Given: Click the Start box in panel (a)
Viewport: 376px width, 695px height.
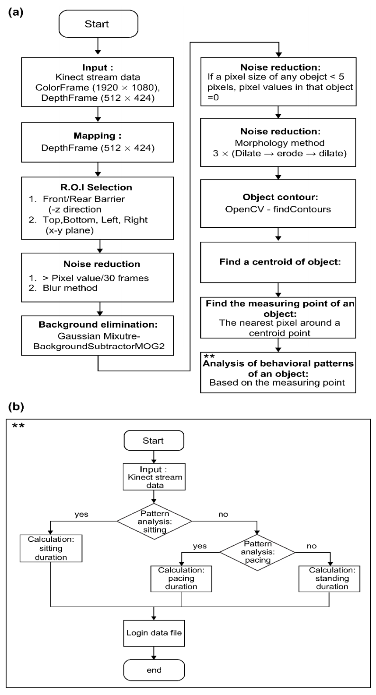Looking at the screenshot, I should click(x=97, y=24).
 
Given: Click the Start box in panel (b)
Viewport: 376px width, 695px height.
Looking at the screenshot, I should click(x=153, y=441).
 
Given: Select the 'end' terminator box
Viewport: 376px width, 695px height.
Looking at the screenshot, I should click(x=154, y=670).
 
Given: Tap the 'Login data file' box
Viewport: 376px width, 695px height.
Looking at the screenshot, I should click(x=154, y=633).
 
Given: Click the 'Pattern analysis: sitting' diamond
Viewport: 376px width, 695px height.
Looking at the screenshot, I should click(x=154, y=521).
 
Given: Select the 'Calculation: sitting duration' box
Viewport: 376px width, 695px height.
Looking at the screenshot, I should click(x=51, y=548).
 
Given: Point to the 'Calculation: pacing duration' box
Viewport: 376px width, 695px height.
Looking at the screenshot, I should click(x=181, y=578).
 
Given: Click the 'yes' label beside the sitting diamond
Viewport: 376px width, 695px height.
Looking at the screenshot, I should click(x=82, y=514).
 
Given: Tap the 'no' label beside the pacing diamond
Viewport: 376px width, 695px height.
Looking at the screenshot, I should click(x=311, y=546).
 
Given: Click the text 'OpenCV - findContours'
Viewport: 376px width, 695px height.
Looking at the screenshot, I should click(x=278, y=209).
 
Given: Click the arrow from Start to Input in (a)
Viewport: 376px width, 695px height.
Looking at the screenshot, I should click(x=97, y=45).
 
